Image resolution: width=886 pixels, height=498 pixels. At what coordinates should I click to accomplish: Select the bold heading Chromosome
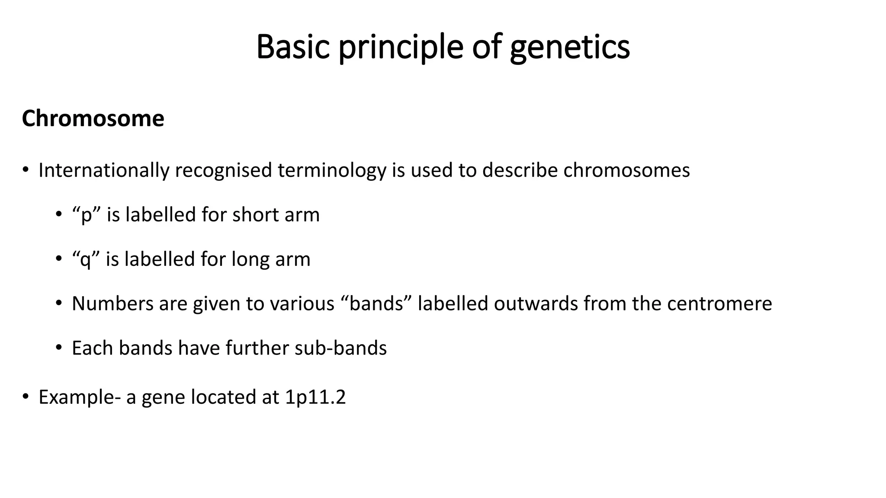tap(93, 118)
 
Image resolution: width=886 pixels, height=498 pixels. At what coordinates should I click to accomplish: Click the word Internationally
tap(104, 170)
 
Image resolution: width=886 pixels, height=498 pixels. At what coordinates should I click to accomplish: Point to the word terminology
tap(332, 170)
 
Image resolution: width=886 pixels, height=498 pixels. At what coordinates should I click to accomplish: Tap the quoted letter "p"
tap(87, 215)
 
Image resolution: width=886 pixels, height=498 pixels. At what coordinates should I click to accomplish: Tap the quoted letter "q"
tap(86, 260)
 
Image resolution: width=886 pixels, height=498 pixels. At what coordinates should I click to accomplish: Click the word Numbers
tap(112, 304)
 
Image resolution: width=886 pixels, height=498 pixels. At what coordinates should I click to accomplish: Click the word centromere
tap(719, 304)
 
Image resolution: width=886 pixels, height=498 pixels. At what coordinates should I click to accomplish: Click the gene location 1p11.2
tap(315, 397)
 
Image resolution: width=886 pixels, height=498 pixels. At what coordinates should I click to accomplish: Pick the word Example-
tap(80, 397)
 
